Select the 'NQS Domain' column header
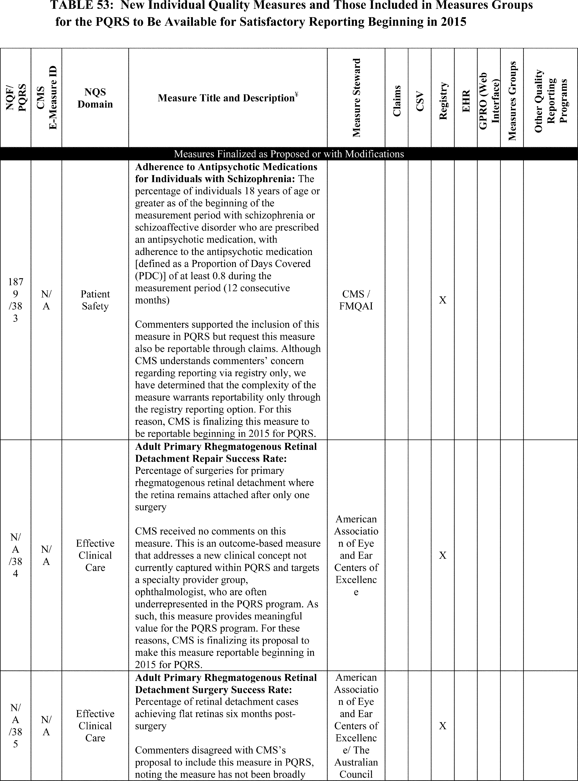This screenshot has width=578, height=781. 95,98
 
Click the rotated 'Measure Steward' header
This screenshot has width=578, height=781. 356,98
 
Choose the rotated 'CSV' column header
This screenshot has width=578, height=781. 420,101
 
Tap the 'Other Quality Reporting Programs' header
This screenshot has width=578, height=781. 550,101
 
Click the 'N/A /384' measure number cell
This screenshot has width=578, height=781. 15,556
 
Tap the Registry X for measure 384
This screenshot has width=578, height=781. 443,556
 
